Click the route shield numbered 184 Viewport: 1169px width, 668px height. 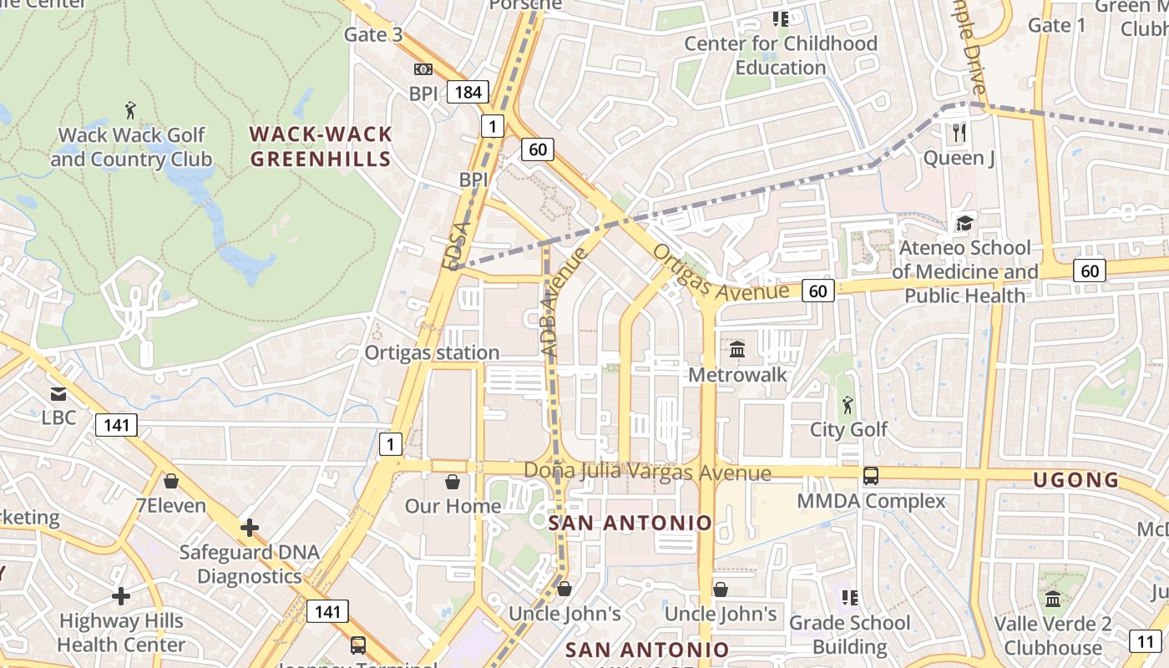[x=468, y=91]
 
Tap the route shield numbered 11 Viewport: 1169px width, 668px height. [x=1144, y=641]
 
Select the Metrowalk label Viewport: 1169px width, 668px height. [x=737, y=375]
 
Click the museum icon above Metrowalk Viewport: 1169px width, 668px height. [x=737, y=349]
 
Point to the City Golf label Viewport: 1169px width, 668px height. [x=848, y=429]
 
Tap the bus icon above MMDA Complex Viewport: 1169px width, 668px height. [x=870, y=476]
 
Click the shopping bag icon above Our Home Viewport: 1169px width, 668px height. [x=453, y=482]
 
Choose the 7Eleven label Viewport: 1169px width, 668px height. [x=170, y=506]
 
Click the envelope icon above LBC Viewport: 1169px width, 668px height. [x=58, y=393]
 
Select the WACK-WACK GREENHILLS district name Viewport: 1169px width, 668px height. [x=321, y=146]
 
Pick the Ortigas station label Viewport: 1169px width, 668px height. [x=432, y=352]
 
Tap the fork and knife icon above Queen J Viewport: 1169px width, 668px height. [x=959, y=132]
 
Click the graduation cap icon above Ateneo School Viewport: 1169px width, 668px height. [x=964, y=223]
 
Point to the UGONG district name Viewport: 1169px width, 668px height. [x=1075, y=480]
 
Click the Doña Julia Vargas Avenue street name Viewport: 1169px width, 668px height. [x=647, y=472]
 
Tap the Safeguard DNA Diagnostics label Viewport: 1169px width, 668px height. [x=250, y=564]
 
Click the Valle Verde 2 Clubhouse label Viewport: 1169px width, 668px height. [x=1052, y=635]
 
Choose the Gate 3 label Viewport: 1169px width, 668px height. [x=373, y=34]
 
